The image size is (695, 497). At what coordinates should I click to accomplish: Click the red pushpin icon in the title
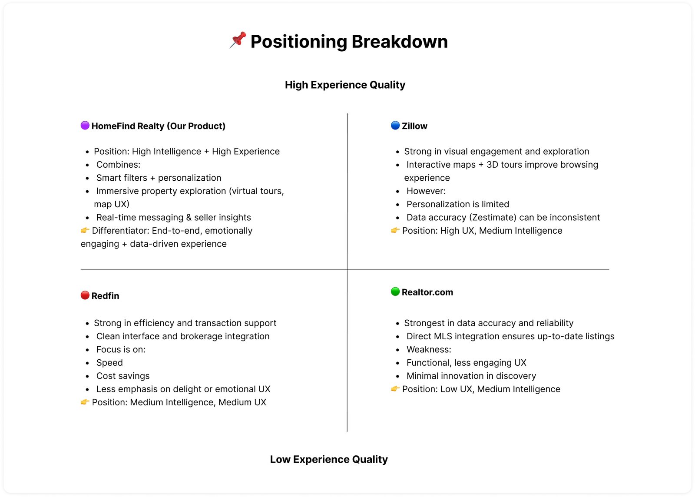(238, 40)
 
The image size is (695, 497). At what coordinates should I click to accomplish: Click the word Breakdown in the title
(399, 42)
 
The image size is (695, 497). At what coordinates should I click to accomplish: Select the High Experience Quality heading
(345, 85)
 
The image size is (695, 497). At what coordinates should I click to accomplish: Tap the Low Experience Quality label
(328, 459)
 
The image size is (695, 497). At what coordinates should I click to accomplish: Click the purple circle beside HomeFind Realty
(85, 126)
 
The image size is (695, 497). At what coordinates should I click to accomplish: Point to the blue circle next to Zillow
(395, 126)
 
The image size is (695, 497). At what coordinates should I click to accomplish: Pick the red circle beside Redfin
(85, 295)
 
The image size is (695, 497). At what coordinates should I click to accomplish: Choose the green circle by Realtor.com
(395, 292)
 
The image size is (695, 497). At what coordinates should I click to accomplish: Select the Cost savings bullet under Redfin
(123, 376)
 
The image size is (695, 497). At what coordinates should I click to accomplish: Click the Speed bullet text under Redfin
(109, 363)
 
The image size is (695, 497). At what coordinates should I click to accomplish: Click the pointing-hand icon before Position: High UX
(395, 230)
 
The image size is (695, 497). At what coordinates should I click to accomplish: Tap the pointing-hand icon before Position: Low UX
(395, 389)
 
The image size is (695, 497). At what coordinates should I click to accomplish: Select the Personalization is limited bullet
(457, 204)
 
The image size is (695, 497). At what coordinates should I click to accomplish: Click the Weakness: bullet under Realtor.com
(429, 349)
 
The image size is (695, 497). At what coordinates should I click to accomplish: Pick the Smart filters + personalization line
(159, 178)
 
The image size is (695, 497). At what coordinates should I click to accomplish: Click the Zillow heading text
(414, 126)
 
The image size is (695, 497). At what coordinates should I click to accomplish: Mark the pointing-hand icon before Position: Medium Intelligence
(85, 402)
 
